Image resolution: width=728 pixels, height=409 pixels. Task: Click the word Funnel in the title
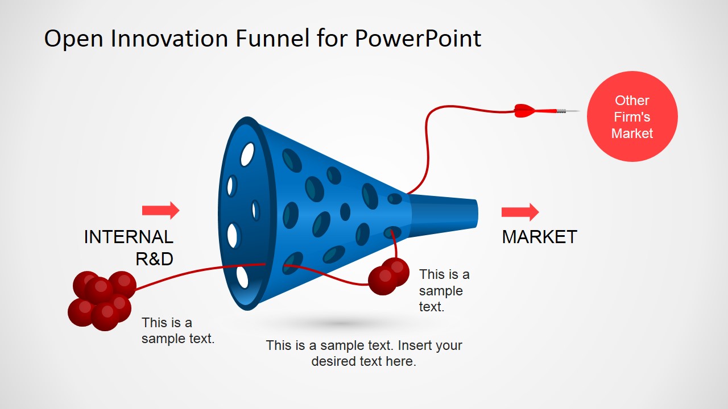(x=272, y=38)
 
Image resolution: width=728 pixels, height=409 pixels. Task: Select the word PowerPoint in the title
(x=418, y=38)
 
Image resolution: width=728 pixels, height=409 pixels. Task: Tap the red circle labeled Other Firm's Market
(x=632, y=116)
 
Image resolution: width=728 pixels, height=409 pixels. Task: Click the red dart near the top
(x=547, y=111)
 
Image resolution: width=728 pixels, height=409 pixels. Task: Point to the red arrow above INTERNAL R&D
(x=160, y=210)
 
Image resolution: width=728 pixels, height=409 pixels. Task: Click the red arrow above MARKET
(x=520, y=212)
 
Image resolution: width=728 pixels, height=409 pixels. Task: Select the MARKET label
(x=540, y=237)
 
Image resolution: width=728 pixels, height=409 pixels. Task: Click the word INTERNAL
(x=129, y=237)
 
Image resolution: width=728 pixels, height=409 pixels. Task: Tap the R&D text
(x=154, y=259)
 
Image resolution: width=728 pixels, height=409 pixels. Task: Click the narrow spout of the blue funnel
(x=444, y=214)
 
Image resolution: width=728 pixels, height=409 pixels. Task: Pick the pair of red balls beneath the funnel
(x=388, y=276)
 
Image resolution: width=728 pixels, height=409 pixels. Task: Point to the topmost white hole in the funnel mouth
(x=247, y=155)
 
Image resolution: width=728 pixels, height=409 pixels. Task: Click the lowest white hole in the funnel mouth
(x=242, y=277)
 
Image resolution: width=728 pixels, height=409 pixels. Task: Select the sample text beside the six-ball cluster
(x=178, y=331)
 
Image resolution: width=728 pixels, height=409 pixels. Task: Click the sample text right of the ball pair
(x=444, y=290)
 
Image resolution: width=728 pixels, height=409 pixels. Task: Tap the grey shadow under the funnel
(x=341, y=323)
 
